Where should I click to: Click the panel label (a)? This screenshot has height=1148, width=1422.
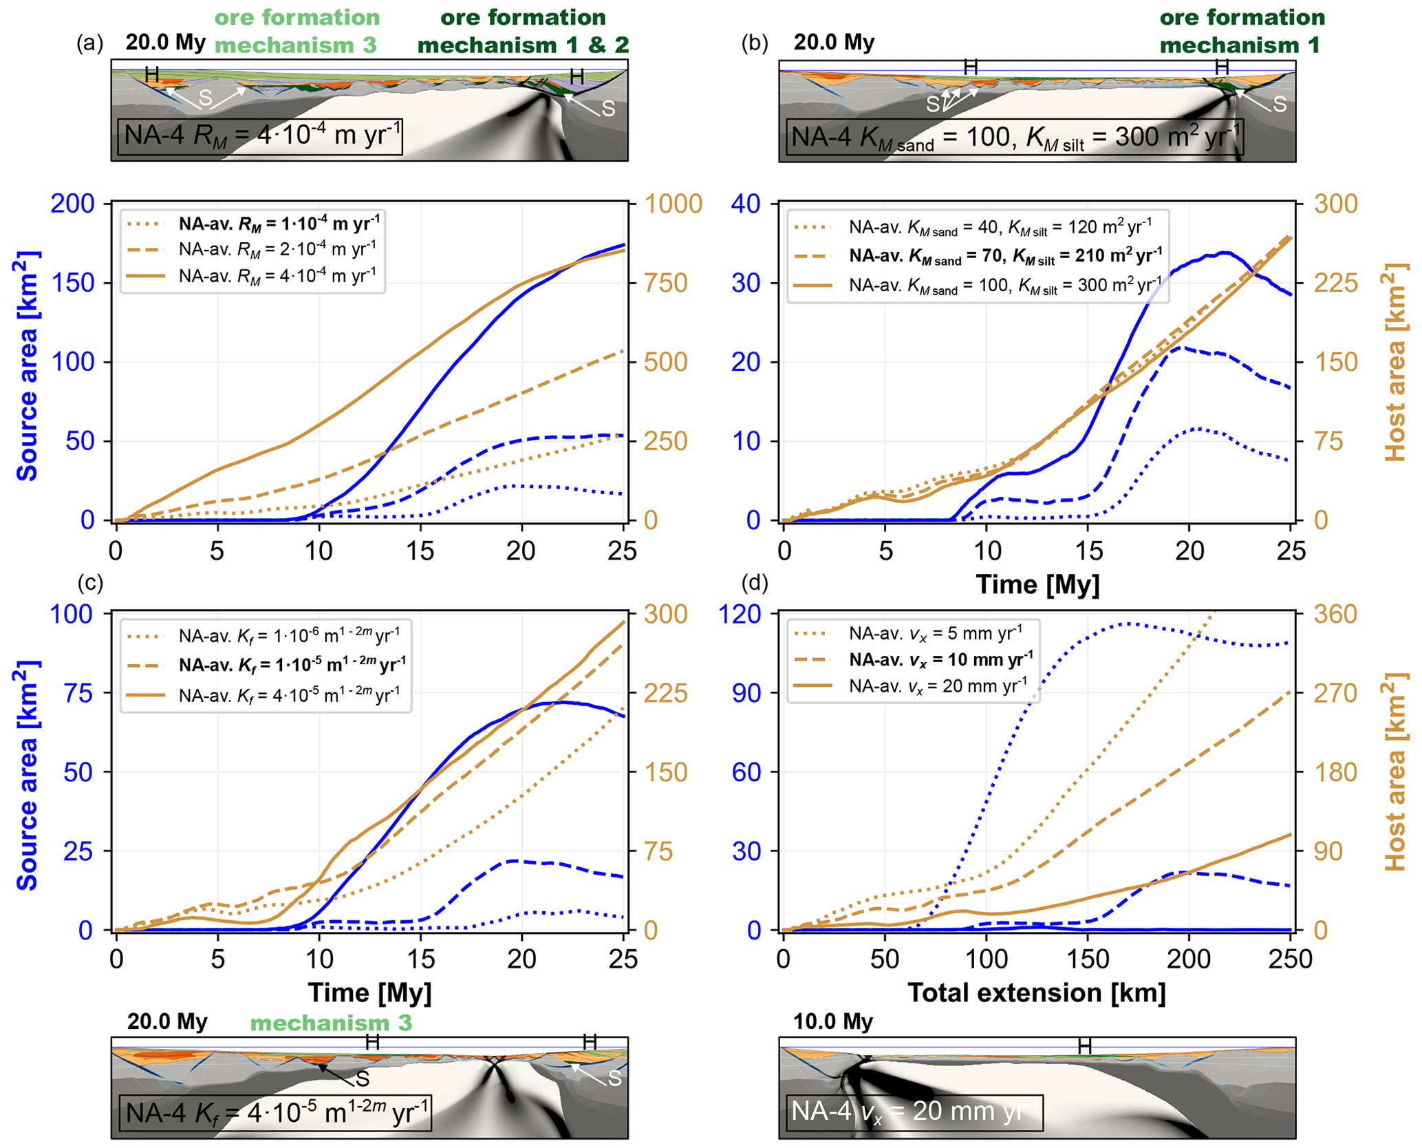tap(89, 43)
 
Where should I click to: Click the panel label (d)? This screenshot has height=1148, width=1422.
tap(755, 583)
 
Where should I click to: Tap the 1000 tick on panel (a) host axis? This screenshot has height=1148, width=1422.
tap(674, 204)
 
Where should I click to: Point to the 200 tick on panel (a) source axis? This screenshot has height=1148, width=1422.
tap(73, 204)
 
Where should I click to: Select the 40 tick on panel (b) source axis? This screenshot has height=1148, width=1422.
tap(746, 204)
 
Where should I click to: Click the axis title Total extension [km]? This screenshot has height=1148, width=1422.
tap(1037, 992)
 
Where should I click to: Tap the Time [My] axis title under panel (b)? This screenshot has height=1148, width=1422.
tap(1037, 584)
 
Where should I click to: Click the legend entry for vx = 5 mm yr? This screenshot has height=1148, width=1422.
tap(936, 631)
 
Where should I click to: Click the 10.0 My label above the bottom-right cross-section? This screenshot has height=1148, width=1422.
tap(833, 1021)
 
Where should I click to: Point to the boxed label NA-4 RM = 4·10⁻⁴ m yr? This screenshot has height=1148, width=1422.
tap(260, 136)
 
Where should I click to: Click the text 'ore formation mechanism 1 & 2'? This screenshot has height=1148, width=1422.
tap(523, 31)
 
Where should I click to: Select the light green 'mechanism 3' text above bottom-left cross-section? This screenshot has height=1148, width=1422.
tap(331, 1023)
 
